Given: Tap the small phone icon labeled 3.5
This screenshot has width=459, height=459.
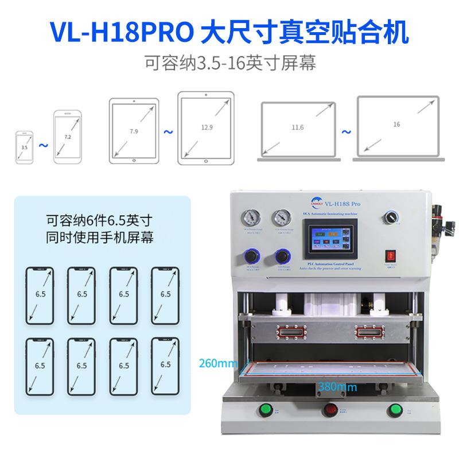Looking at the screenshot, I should (x=24, y=147).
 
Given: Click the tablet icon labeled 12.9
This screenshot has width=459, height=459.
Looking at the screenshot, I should (x=205, y=126).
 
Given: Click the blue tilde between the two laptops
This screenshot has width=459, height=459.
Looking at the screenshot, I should (x=346, y=133).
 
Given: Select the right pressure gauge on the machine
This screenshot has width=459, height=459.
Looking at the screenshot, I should (x=281, y=218).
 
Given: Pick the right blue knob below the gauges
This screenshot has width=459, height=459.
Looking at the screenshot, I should (x=282, y=255).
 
